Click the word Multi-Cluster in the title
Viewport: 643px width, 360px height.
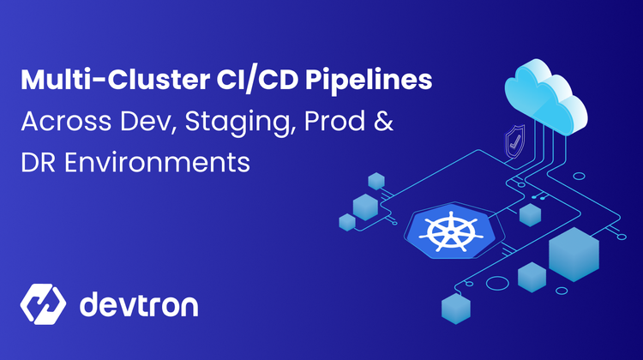click(115, 80)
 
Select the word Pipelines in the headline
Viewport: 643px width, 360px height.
click(369, 81)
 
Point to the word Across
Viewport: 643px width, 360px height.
click(66, 122)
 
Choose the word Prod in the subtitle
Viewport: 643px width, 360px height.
click(334, 121)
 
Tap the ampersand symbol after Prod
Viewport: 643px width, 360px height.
click(383, 121)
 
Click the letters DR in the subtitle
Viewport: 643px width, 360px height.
click(38, 162)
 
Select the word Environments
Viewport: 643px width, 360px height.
click(157, 162)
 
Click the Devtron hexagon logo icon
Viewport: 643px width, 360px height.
click(43, 304)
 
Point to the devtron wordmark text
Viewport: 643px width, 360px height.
click(139, 304)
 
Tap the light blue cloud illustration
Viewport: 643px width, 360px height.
click(546, 96)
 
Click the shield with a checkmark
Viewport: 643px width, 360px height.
click(515, 142)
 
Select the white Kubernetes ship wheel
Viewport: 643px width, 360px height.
click(451, 231)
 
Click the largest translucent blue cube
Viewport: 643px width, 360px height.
click(574, 255)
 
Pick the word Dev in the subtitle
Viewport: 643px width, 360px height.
click(148, 122)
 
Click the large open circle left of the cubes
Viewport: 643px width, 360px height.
click(497, 284)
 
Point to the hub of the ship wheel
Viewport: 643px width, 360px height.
click(451, 232)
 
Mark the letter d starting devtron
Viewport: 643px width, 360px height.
click(89, 303)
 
